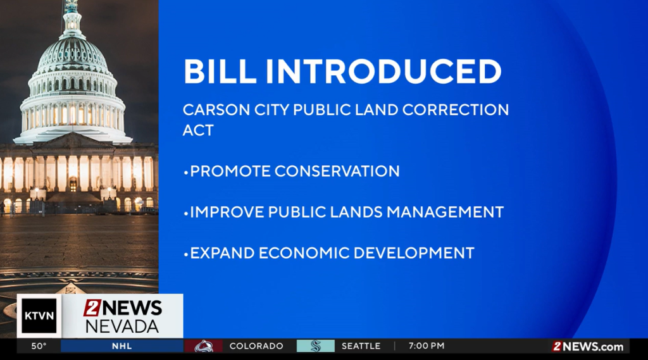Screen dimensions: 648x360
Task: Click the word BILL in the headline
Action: (220, 71)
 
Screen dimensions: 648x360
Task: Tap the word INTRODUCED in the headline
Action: (383, 71)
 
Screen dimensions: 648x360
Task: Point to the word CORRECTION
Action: (456, 110)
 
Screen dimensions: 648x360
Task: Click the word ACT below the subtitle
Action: (198, 130)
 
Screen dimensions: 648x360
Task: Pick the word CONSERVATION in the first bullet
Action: (337, 171)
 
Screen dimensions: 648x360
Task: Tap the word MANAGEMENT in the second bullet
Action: (445, 212)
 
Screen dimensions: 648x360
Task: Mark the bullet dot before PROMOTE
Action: (186, 172)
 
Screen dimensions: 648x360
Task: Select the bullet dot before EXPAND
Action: (186, 254)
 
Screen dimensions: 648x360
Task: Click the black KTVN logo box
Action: (39, 316)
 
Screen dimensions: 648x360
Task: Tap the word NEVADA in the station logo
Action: (122, 326)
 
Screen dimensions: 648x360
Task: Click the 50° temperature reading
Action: (39, 346)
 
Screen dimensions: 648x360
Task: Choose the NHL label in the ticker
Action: (122, 346)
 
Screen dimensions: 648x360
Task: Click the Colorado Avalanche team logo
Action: (203, 346)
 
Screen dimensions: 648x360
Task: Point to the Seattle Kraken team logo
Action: (316, 346)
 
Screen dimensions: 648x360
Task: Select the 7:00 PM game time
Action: (427, 346)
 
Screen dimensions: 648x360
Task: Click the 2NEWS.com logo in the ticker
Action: (588, 346)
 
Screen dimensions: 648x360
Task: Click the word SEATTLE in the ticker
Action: (361, 346)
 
